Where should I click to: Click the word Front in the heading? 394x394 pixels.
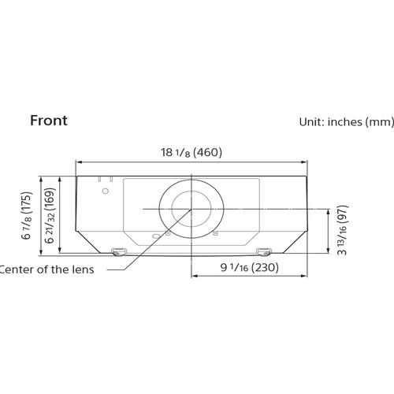(48, 121)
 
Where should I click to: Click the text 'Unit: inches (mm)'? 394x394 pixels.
(346, 123)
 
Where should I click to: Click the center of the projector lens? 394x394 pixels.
(190, 209)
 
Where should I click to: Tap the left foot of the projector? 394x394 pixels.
(118, 251)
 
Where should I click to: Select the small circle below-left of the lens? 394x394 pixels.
(155, 237)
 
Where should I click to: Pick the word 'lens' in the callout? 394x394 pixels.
(81, 269)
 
